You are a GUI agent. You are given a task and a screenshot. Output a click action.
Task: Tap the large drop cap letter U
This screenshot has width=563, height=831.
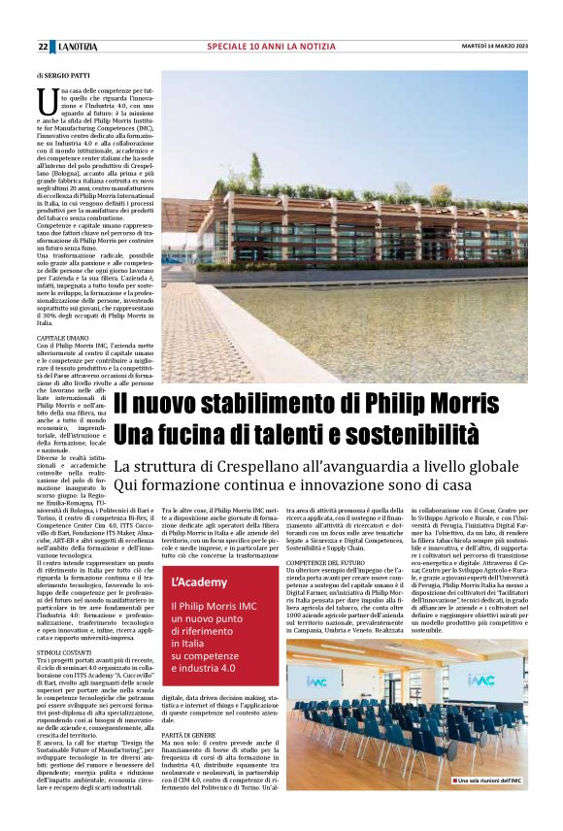tap(46, 99)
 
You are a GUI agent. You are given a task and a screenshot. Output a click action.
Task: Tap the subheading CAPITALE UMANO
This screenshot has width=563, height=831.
tap(62, 338)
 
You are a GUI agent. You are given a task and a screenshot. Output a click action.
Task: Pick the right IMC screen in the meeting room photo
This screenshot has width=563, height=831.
tap(481, 681)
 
